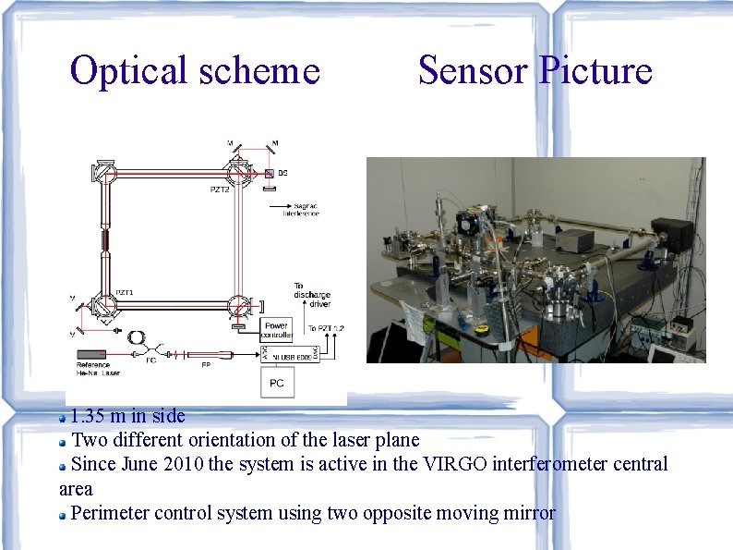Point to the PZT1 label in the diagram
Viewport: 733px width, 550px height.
click(125, 292)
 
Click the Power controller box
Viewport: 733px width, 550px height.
click(276, 330)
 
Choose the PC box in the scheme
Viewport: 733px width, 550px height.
click(276, 381)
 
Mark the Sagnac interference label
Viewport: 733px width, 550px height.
click(301, 209)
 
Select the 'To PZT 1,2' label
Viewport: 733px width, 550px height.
click(324, 329)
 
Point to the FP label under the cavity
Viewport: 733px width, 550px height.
click(205, 365)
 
